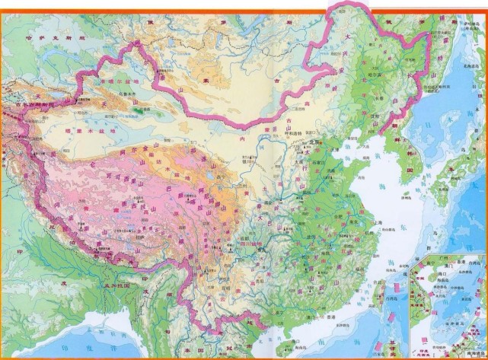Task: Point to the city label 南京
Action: pos(352,206)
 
